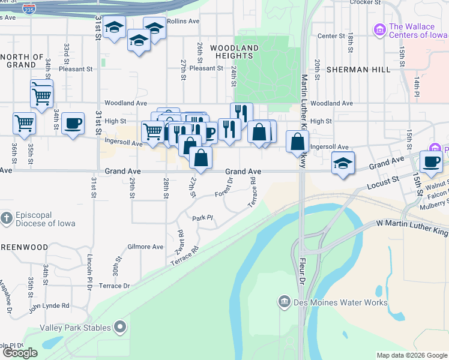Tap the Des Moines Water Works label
point(342,302)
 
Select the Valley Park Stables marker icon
point(120,328)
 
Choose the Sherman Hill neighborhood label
point(355,70)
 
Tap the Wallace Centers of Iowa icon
point(379,29)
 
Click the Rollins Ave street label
point(183,21)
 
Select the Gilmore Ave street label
point(145,247)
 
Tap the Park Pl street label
point(203,218)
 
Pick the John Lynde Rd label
point(49,306)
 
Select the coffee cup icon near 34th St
point(73,124)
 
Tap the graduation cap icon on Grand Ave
point(343,163)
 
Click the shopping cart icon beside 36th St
point(24,123)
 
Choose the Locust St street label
point(387,179)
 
